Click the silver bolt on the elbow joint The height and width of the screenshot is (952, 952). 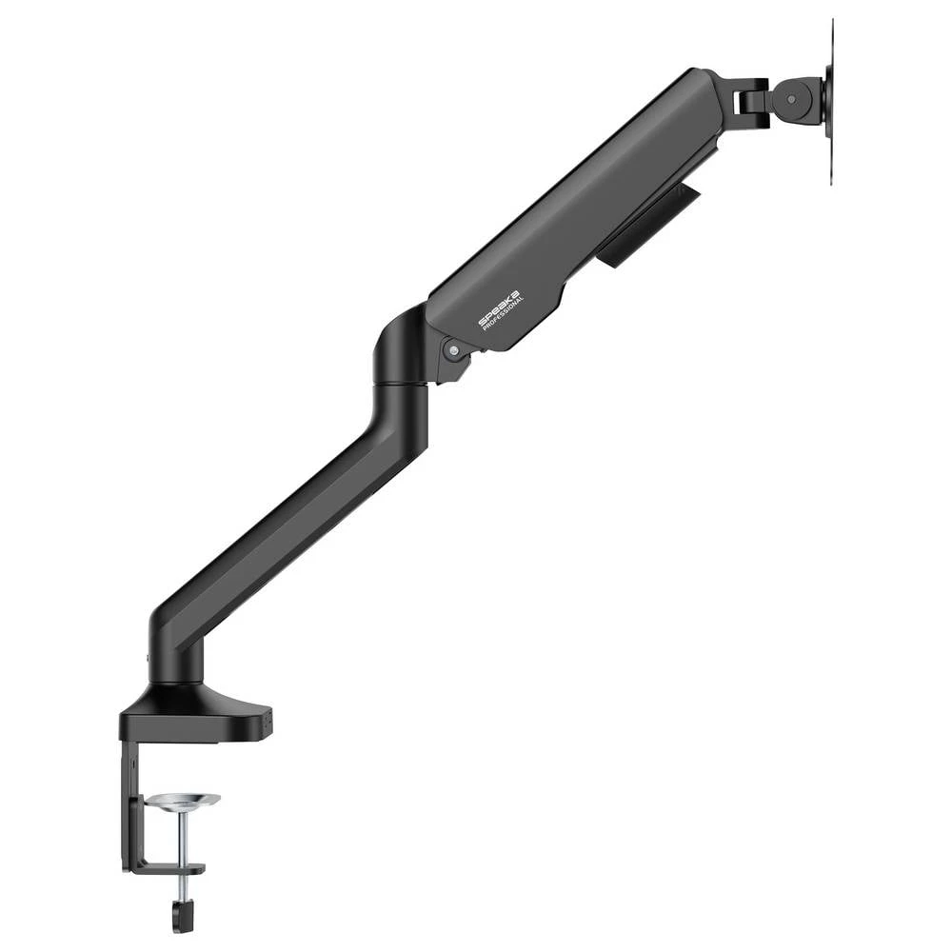click(x=453, y=351)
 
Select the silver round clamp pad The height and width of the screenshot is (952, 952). click(x=184, y=802)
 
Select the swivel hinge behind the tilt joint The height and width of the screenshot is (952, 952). click(x=752, y=95)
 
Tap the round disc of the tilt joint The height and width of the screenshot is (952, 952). click(x=795, y=96)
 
